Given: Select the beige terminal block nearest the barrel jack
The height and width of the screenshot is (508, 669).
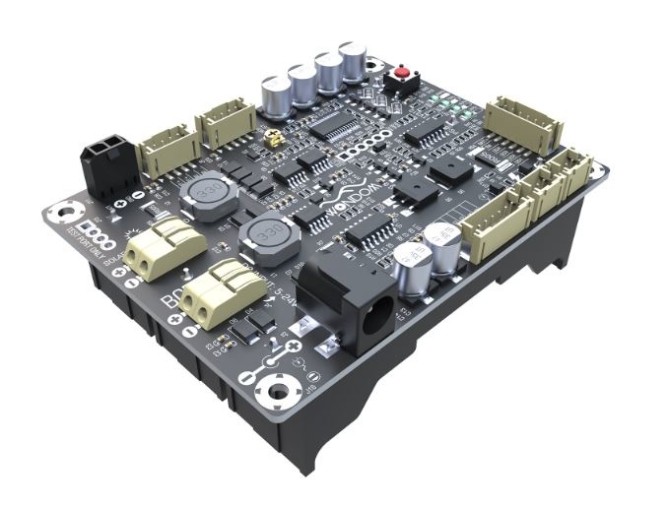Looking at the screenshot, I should [x=219, y=292].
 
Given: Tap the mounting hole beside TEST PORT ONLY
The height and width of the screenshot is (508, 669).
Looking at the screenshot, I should [x=67, y=211].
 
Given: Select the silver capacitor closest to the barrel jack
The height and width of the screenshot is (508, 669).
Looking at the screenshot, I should [x=410, y=266].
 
